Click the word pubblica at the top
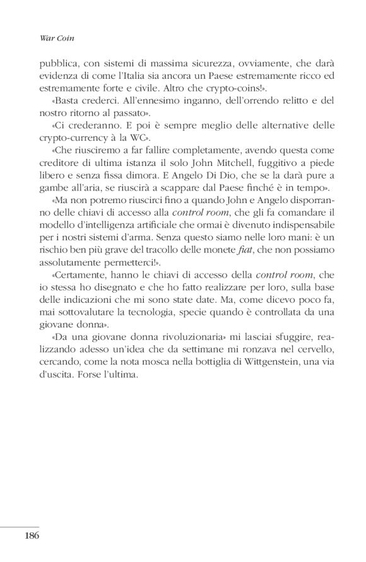[x=39, y=63]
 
